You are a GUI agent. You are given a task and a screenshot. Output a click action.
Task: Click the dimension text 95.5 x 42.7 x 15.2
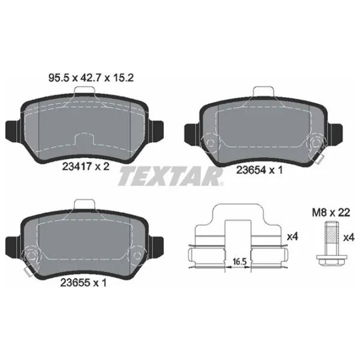coord(91,78)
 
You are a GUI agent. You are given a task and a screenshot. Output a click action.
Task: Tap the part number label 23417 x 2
coord(86,166)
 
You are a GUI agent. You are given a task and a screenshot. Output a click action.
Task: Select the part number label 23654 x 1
coord(259,170)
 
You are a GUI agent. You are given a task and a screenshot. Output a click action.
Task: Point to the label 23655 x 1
coord(83,283)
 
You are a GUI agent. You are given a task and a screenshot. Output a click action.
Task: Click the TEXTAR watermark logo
coord(171,176)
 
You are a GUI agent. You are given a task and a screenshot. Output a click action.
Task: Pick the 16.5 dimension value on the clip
coord(239,262)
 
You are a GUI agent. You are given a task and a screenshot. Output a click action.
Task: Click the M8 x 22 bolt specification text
coord(331,212)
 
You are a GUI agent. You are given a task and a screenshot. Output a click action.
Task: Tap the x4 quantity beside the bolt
coord(349,238)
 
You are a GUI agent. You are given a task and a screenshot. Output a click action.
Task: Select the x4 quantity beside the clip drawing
coord(293,236)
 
